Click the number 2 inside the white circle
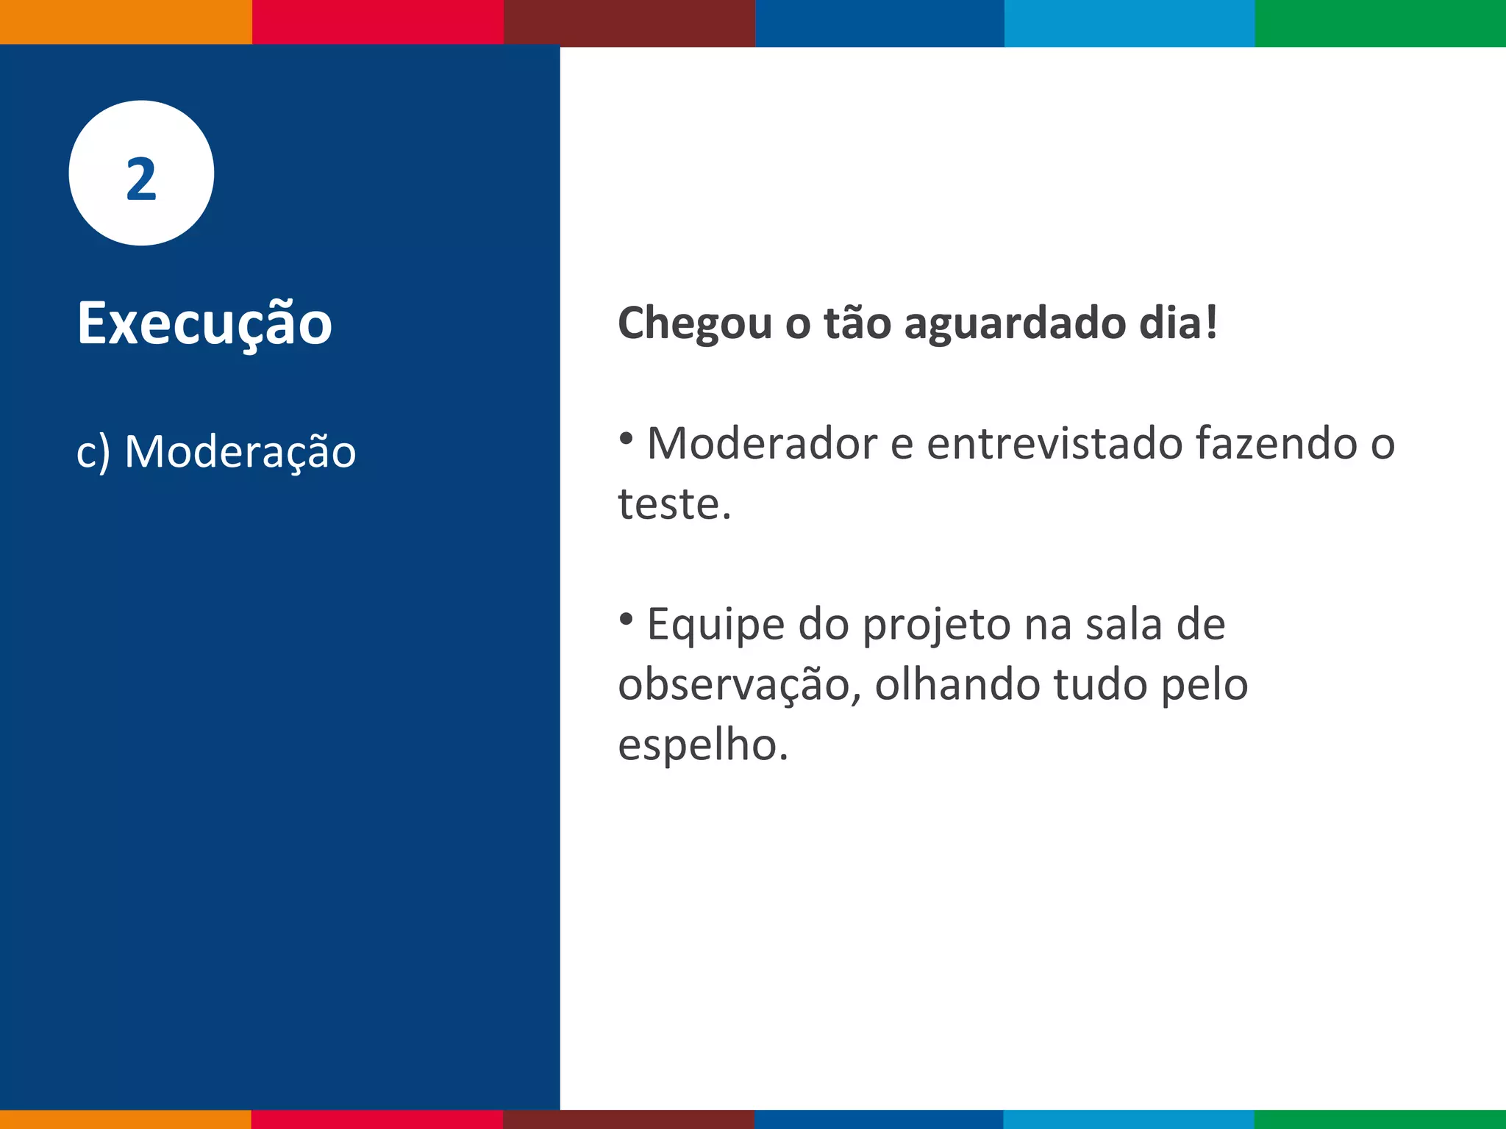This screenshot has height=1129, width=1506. (141, 179)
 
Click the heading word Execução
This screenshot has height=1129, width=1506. (204, 323)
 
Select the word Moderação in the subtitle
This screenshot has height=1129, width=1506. (240, 451)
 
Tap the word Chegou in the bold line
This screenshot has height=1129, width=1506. (694, 323)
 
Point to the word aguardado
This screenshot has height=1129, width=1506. (1015, 323)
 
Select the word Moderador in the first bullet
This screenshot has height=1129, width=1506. (762, 444)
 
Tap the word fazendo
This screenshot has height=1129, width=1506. (1276, 444)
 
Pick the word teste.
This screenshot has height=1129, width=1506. (674, 504)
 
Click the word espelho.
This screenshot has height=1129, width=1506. (702, 745)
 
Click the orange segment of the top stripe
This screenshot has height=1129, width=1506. (125, 22)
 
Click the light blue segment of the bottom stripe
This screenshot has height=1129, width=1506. (1129, 1119)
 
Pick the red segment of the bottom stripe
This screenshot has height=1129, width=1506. (376, 1119)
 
